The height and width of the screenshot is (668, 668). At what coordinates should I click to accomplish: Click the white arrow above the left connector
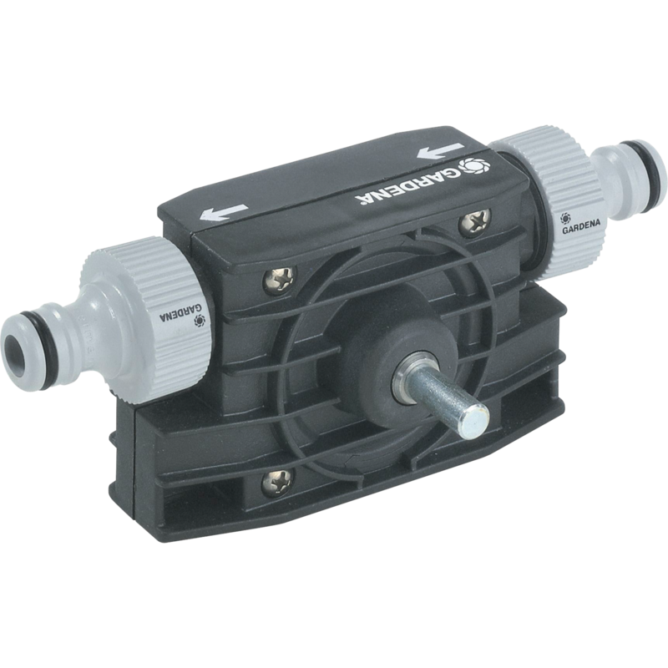coord(223,212)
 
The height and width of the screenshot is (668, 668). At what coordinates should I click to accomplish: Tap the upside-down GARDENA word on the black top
coord(403,186)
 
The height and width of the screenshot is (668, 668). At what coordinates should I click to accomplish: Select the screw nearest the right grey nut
coord(475,222)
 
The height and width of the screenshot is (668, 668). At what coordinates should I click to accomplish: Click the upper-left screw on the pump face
coord(279,280)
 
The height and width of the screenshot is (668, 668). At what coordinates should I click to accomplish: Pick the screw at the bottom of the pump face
coord(277,483)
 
